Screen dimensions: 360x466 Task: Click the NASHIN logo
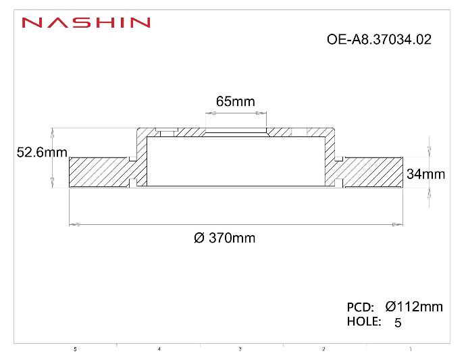pyautogui.click(x=86, y=23)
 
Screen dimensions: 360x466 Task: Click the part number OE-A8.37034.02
pyautogui.click(x=378, y=40)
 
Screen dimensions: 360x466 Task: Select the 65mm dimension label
pyautogui.click(x=235, y=102)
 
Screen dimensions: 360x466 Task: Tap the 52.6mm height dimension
pyautogui.click(x=42, y=153)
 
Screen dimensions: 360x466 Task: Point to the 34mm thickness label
pyautogui.click(x=425, y=174)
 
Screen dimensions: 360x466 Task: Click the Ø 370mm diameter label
pyautogui.click(x=224, y=238)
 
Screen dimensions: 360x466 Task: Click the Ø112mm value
pyautogui.click(x=414, y=307)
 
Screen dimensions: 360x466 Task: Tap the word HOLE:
pyautogui.click(x=363, y=322)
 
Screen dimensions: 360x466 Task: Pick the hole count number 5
pyautogui.click(x=398, y=323)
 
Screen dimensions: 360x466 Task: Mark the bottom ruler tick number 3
pyautogui.click(x=240, y=349)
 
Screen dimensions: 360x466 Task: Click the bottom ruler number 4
pyautogui.click(x=159, y=349)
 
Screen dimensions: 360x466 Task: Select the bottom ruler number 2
pyautogui.click(x=323, y=349)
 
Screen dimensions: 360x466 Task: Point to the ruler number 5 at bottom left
pyautogui.click(x=75, y=349)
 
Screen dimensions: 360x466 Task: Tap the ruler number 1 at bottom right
pyautogui.click(x=411, y=349)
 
